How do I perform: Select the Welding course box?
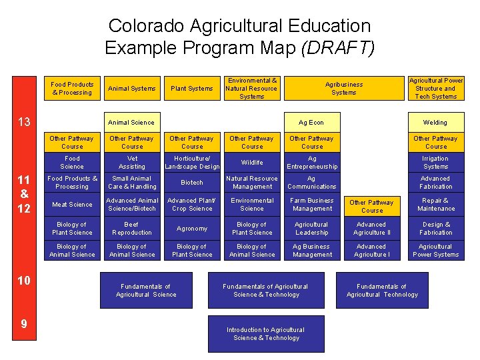pos(435,122)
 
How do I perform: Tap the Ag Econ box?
pos(311,122)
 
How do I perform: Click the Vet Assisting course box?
pos(132,163)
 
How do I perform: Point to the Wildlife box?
pos(252,163)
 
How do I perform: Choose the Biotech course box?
pos(192,183)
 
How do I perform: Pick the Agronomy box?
pos(192,229)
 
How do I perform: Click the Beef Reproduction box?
pos(132,229)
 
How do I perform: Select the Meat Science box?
pos(72,205)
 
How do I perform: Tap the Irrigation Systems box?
pos(435,163)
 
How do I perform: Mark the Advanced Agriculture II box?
pos(371,229)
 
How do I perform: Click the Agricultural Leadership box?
pos(311,229)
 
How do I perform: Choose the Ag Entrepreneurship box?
pos(311,163)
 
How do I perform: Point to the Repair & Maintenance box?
pos(435,205)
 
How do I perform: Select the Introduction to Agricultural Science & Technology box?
pos(265,334)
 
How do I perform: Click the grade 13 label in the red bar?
pos(24,121)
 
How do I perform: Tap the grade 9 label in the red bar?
pos(24,324)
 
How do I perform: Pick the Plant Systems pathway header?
pos(192,89)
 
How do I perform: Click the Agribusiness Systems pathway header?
pos(344,89)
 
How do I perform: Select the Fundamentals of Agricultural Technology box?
pos(382,291)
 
